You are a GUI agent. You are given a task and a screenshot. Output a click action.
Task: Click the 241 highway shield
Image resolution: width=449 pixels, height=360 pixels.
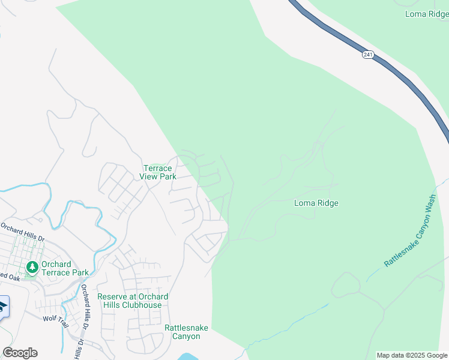(367, 55)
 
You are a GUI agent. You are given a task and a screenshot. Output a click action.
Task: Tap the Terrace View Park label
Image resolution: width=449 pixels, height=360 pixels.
(158, 172)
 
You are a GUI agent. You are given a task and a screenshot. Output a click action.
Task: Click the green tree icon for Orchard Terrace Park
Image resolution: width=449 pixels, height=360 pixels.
(31, 267)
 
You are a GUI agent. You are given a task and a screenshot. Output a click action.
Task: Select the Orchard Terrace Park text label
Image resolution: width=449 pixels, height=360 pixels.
(64, 268)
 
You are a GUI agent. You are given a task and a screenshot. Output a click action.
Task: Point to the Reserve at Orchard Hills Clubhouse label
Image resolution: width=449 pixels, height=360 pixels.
(133, 301)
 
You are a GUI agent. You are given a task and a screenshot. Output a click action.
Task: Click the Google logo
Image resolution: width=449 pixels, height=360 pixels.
(20, 353)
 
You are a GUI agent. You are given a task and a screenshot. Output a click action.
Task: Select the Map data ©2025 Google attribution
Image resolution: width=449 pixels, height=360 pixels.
(411, 355)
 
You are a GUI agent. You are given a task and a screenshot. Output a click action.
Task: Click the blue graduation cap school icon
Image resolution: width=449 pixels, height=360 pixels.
(3, 307)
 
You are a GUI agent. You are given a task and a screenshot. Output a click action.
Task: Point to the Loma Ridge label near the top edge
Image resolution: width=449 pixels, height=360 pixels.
(427, 14)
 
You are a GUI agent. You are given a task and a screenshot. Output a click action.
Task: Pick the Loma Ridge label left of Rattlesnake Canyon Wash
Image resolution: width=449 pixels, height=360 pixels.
(316, 203)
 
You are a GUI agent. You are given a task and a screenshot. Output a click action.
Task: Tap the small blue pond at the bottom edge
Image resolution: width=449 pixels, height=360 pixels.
(189, 356)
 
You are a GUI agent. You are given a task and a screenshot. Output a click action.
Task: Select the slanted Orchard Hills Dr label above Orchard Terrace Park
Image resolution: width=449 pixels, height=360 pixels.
(22, 232)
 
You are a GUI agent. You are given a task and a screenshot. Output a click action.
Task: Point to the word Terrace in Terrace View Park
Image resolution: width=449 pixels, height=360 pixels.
(158, 168)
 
